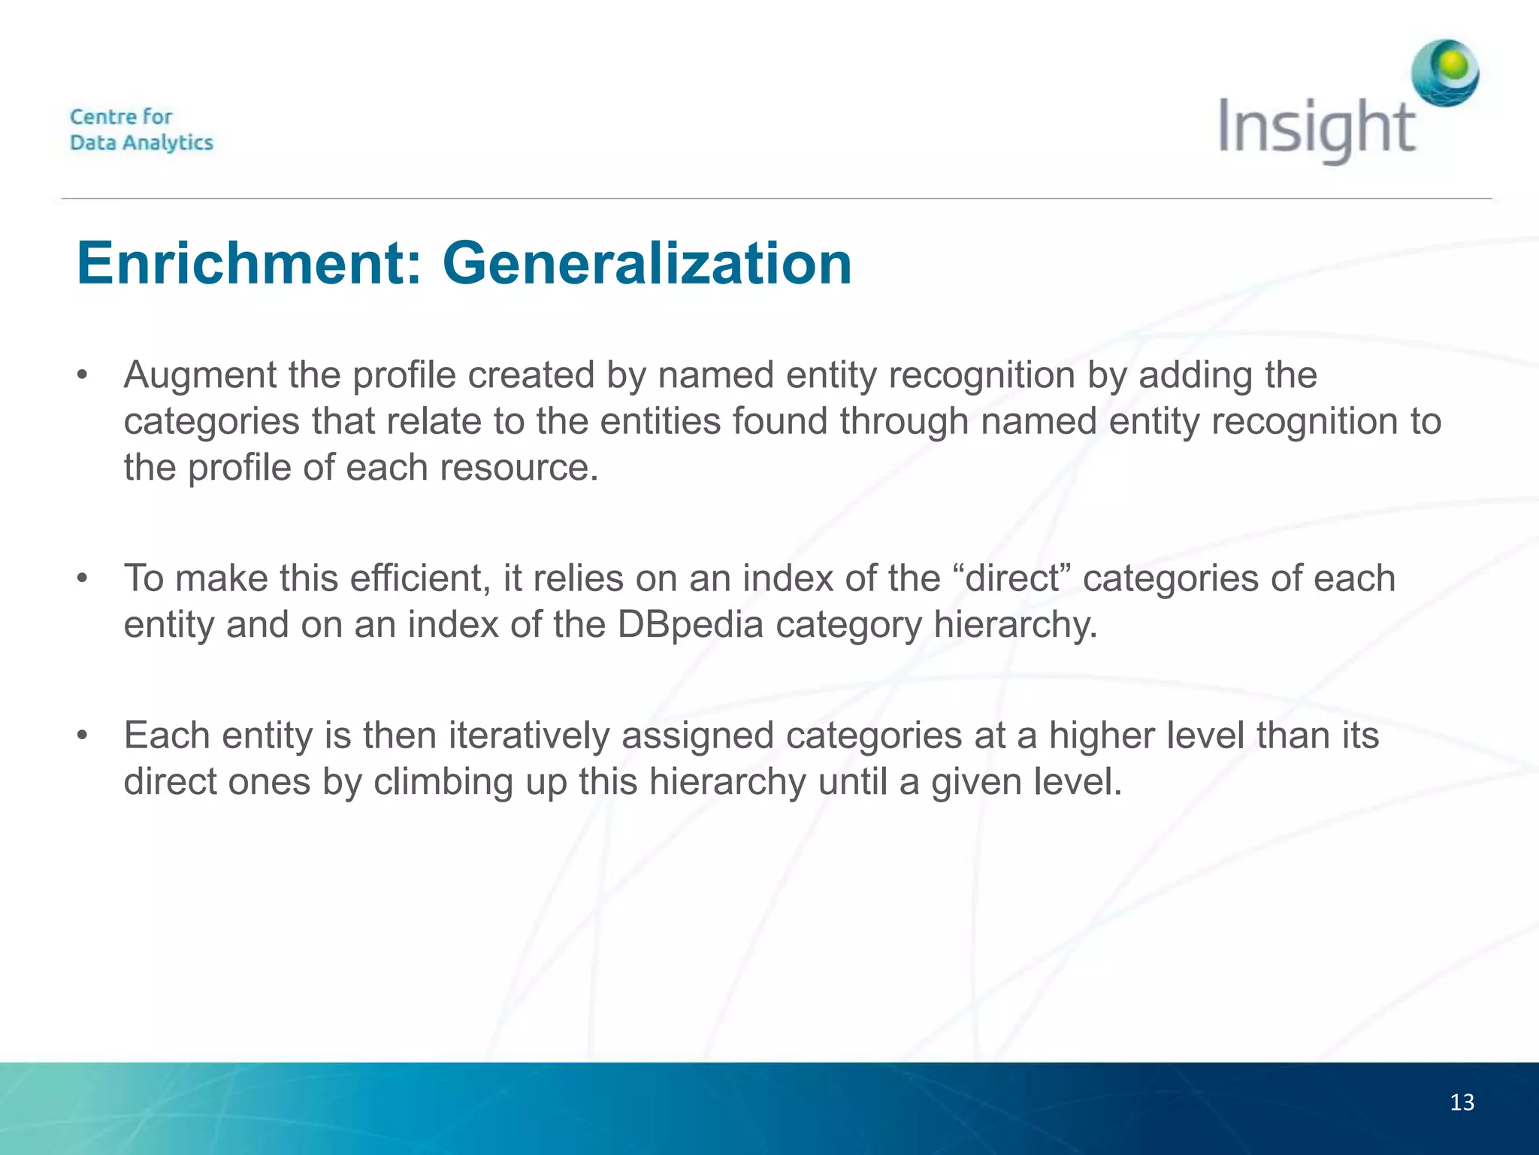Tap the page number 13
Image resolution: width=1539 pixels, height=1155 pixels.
[x=1462, y=1102]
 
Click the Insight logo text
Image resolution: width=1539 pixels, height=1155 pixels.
[x=1317, y=129]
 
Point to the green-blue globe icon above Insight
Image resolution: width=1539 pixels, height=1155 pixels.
[x=1444, y=73]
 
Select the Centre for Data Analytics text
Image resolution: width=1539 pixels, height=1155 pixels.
[x=141, y=129]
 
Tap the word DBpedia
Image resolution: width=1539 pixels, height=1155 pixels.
[x=691, y=625]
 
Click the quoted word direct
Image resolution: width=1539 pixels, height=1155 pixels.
[x=1011, y=578]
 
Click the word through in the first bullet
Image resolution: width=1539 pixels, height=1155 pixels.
[x=904, y=421]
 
